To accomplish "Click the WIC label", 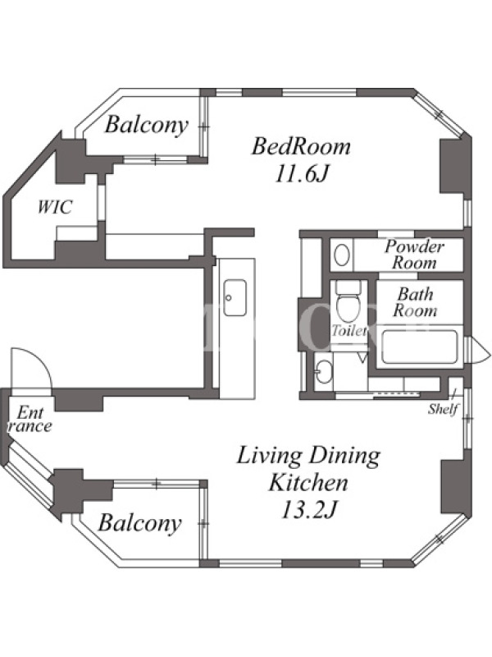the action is point(55,207).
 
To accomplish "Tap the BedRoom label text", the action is point(301,147).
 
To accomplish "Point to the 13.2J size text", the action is point(309,509).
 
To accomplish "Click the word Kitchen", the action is point(308,482).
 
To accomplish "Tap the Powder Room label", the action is point(414,255).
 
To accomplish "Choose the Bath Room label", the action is point(415,302).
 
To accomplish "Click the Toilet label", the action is point(349,331).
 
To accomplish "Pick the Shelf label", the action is point(444,408).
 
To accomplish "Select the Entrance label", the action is point(30,420).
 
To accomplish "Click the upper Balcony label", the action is point(147,125).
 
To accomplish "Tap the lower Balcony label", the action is point(140,523).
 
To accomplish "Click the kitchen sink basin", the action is point(235,297).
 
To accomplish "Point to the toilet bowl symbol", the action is point(348,308).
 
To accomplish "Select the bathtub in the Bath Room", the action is point(420,347).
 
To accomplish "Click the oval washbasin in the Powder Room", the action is point(342,255).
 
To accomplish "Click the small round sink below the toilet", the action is point(323,371).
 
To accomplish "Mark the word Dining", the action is point(344,456).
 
